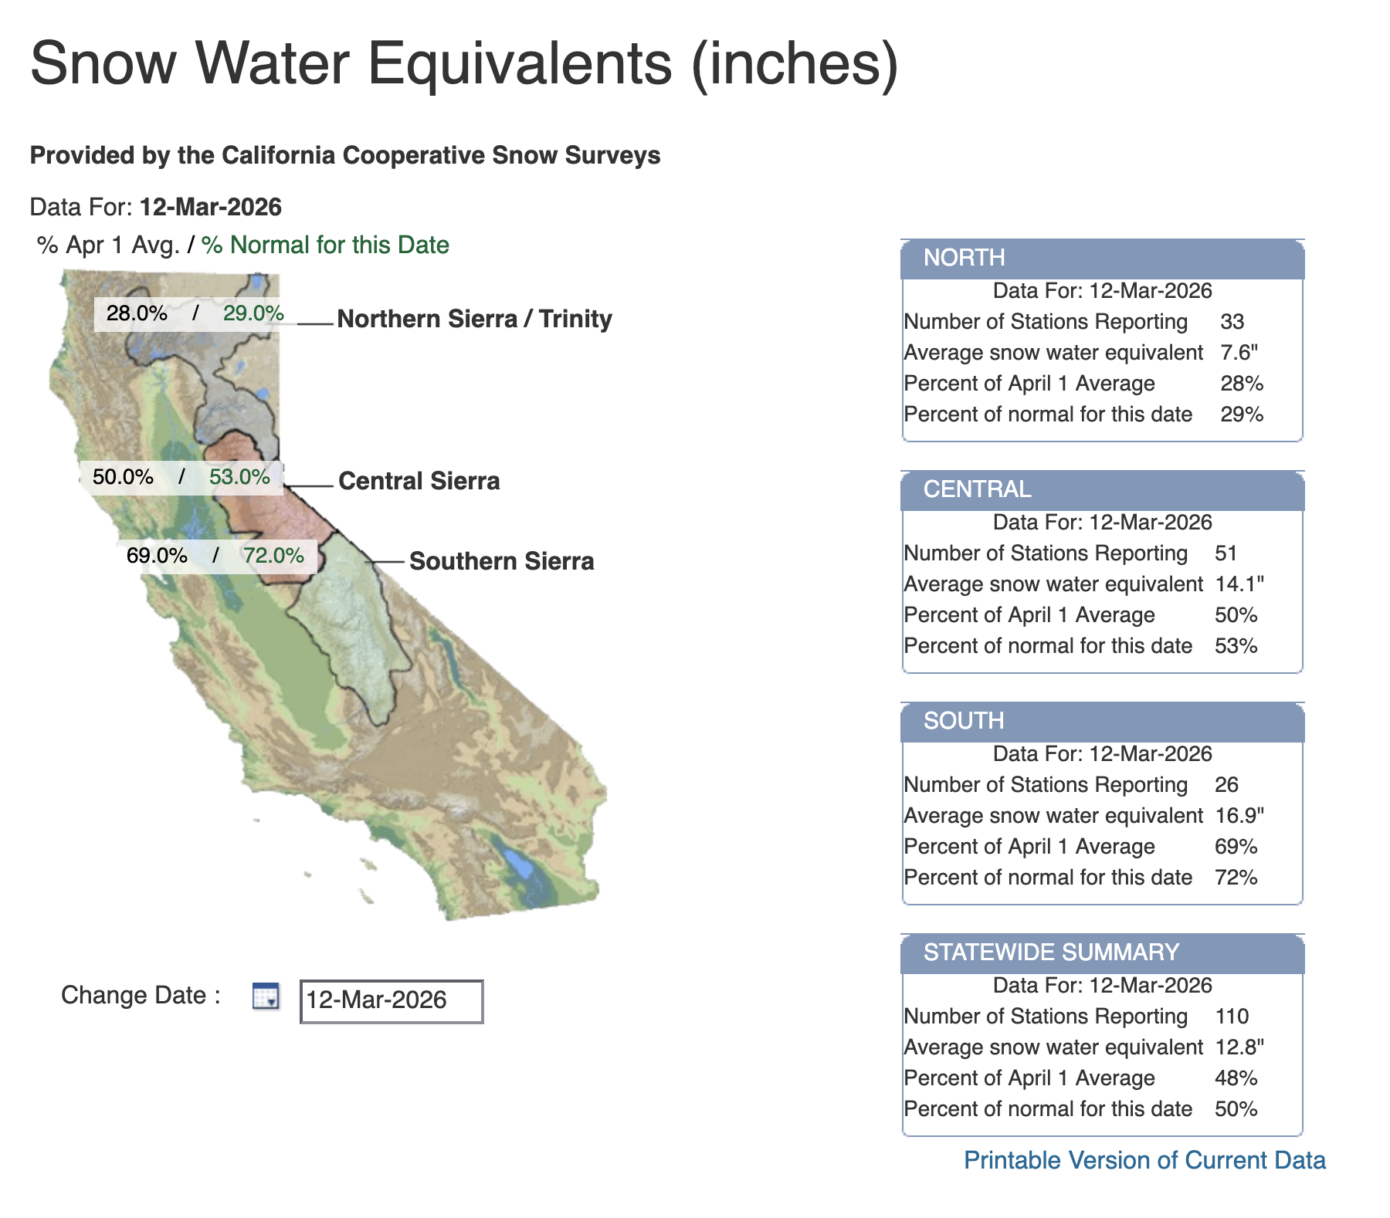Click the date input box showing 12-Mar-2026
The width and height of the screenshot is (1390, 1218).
tap(392, 1001)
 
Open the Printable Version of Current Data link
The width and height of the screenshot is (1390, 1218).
tap(1144, 1160)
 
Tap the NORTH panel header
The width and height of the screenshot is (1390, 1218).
tap(1102, 258)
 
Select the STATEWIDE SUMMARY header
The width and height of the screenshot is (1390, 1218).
tap(1102, 952)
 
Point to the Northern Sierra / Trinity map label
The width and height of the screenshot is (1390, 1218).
tap(474, 319)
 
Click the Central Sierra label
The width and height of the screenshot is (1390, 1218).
tap(419, 481)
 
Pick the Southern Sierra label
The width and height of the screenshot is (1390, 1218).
tap(501, 561)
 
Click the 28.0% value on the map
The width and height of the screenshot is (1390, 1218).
tap(137, 313)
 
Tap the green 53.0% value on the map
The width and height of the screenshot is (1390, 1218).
tap(239, 476)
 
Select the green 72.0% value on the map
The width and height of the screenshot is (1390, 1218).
tap(273, 556)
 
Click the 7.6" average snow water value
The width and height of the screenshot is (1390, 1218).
tap(1239, 353)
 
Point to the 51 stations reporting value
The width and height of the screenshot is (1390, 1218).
tap(1226, 553)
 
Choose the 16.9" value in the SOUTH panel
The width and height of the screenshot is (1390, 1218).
tap(1239, 816)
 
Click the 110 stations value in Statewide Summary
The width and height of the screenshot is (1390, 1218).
tap(1231, 1017)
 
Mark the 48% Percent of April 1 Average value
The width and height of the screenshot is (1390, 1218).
tap(1236, 1078)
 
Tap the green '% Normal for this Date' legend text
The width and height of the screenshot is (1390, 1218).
tap(325, 245)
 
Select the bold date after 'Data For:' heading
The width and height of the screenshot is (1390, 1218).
tap(211, 207)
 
